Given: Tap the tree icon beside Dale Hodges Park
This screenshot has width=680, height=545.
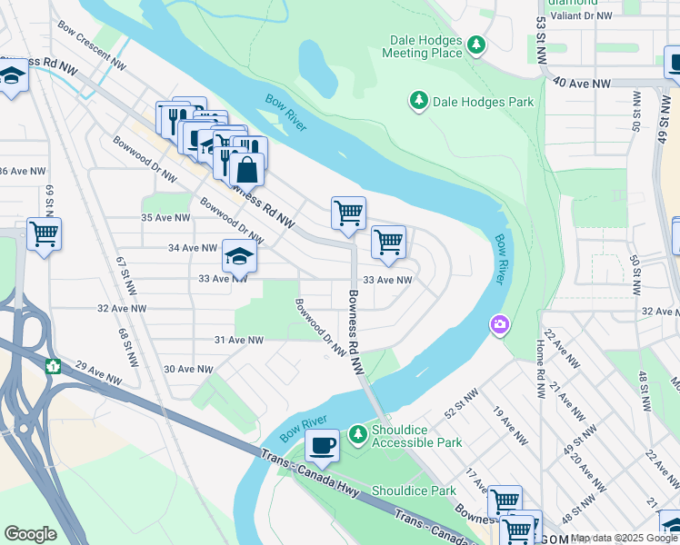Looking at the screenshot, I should point(419,100).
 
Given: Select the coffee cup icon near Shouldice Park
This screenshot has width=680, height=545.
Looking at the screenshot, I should point(322,446).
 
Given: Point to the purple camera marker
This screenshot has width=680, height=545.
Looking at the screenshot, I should point(499,323).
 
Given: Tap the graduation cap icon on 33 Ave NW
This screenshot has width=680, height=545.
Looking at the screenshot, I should point(239,258).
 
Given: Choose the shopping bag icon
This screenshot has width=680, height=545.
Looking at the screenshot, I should point(245,169).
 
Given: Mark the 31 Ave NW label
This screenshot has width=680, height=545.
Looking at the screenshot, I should point(238,340).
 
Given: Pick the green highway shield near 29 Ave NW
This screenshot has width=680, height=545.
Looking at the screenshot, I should point(54,366).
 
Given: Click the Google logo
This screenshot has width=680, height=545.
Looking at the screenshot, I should point(31,534).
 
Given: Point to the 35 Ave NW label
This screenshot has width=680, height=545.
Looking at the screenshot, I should point(165,218).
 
